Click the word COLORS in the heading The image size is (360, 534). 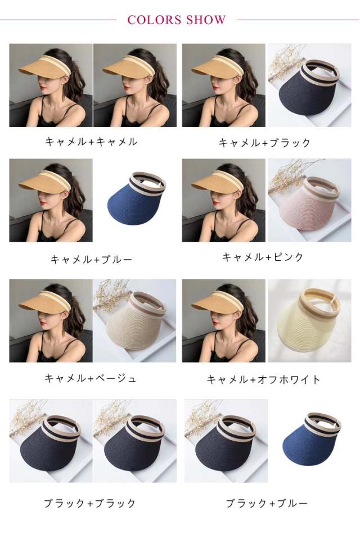point(154,20)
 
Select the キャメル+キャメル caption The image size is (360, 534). point(91,141)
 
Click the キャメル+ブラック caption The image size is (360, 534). point(264,142)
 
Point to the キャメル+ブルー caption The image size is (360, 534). point(91,260)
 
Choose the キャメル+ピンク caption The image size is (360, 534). point(263,257)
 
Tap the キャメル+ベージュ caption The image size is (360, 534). point(91,378)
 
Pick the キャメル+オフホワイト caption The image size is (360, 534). point(263,379)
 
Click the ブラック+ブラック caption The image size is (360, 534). point(89,503)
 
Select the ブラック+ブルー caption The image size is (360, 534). point(267,503)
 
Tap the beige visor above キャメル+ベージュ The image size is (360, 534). point(135,323)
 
